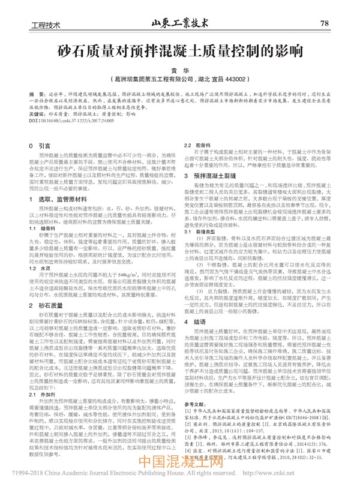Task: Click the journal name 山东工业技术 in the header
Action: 180,23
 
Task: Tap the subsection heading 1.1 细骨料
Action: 43,229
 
